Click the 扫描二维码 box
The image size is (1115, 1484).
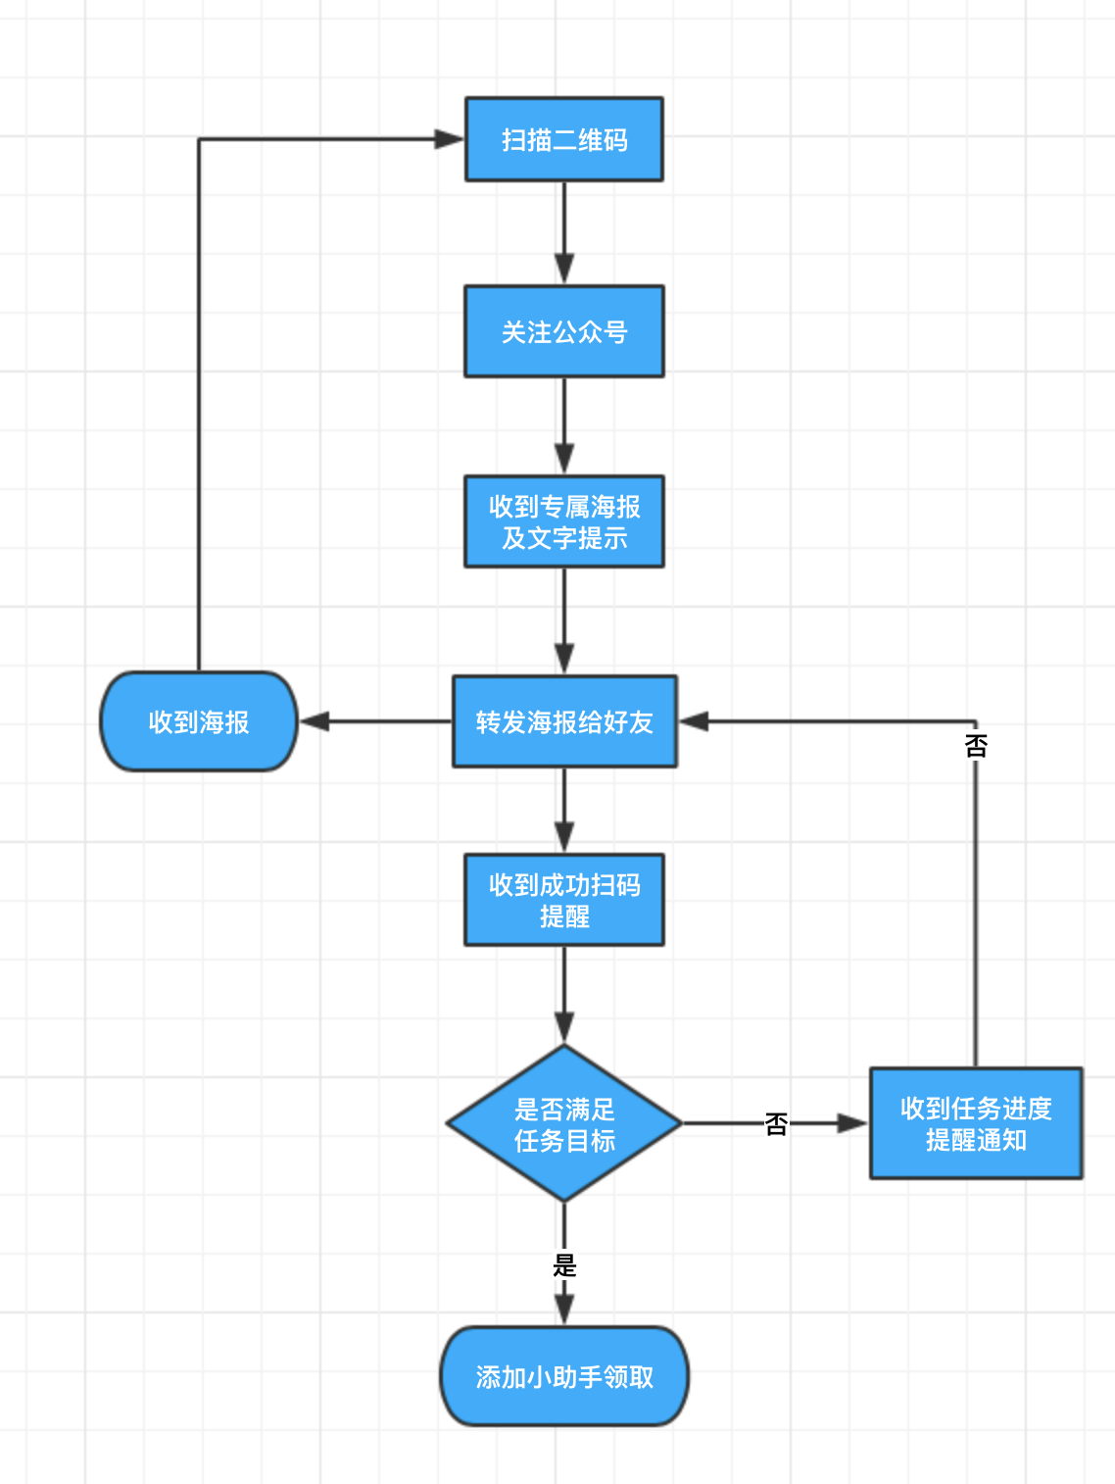[x=563, y=139]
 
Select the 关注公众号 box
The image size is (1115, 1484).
[x=563, y=331]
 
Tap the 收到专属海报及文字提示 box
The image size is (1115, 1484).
[x=563, y=521]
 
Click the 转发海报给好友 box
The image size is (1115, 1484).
[x=563, y=721]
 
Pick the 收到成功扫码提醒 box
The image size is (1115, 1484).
[x=563, y=900]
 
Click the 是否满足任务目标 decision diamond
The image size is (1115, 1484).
[x=563, y=1123]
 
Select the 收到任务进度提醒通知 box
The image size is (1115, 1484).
[x=975, y=1123]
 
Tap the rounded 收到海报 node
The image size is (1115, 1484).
[x=199, y=721]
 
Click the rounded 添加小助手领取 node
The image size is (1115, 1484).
[x=563, y=1376]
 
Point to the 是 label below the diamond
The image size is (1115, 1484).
[x=564, y=1264]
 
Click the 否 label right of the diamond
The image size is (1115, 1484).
[x=776, y=1123]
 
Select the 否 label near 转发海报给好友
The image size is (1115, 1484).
[x=976, y=746]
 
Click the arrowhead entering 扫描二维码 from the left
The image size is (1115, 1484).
[x=450, y=139]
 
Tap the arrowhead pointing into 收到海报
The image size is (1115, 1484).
[x=315, y=721]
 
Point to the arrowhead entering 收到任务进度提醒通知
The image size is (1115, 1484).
[x=853, y=1123]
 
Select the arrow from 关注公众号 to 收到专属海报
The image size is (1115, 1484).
[x=563, y=424]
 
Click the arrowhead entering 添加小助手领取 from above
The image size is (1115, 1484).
[x=563, y=1310]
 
